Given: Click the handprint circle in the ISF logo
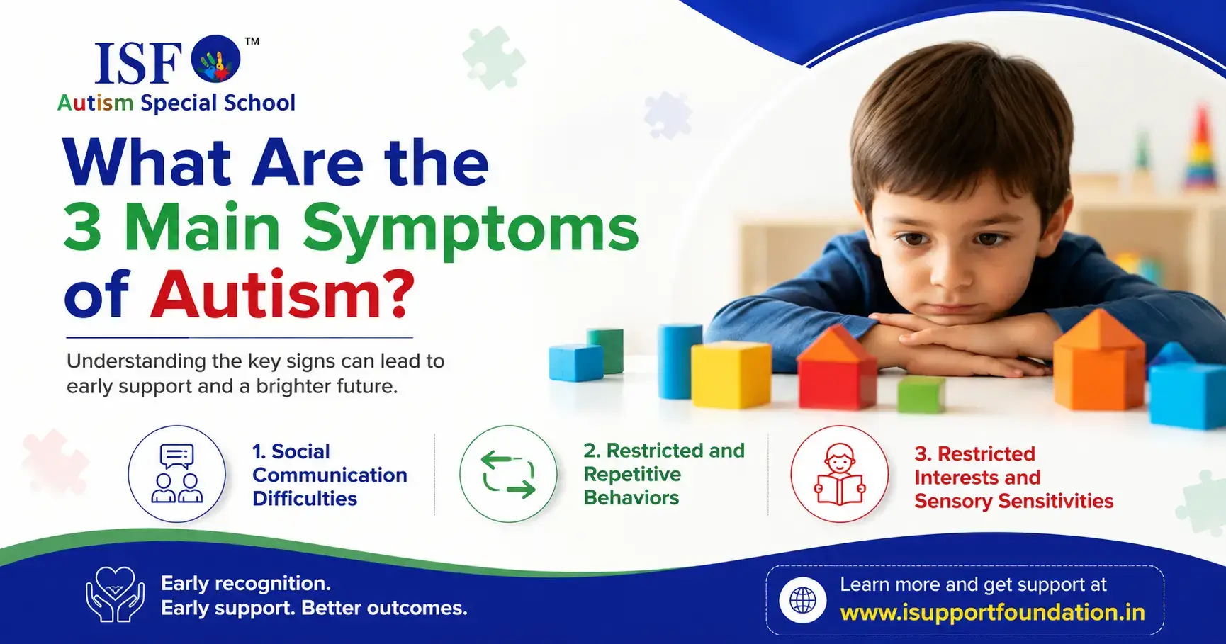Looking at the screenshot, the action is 216,59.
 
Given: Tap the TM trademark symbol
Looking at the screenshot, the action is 252,41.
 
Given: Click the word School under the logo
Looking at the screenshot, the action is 259,103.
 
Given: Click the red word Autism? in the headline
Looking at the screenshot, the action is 282,294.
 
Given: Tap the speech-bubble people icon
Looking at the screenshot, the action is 177,474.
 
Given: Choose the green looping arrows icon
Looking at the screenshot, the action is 509,474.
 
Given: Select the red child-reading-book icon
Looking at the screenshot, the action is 840,474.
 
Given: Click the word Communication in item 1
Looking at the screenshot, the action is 330,475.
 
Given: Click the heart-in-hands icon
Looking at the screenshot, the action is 115,594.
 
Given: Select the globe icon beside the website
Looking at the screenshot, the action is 803,600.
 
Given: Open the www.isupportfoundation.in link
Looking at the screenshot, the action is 992,612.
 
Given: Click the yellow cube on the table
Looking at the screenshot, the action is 731,374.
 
